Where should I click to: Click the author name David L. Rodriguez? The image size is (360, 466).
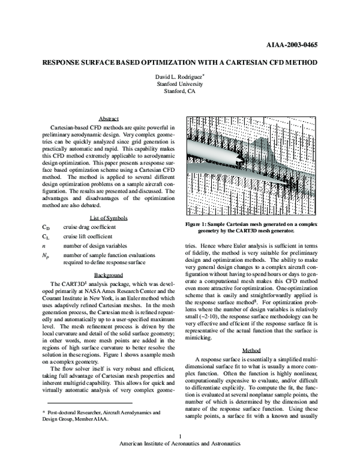tap(179, 77)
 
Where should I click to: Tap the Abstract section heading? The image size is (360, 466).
tap(108, 119)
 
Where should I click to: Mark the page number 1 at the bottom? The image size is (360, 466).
tap(179, 451)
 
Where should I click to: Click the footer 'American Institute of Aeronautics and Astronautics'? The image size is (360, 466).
tap(180, 459)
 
